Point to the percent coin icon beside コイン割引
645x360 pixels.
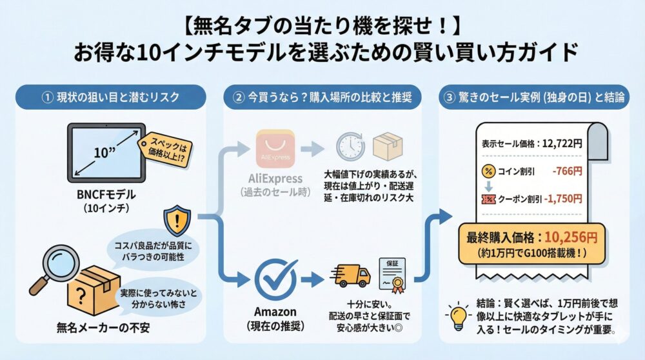[488, 171]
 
